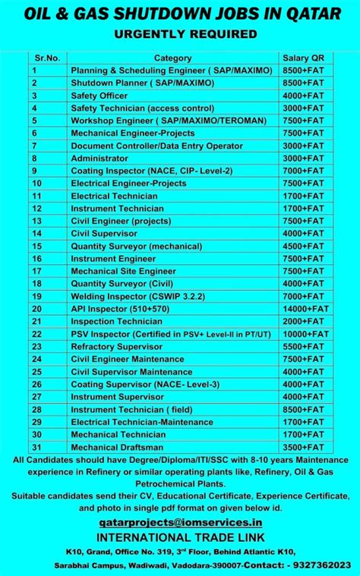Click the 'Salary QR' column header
point(303,58)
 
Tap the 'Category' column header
point(172,58)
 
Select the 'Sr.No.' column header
point(47,58)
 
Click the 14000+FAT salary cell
point(305,309)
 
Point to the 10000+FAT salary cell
point(305,333)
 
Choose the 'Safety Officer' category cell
point(99,96)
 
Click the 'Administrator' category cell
point(99,158)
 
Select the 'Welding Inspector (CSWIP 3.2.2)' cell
point(126,296)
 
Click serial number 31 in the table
point(36,447)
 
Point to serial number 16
point(36,259)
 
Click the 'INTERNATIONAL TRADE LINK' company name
point(180,537)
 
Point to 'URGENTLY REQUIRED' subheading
point(180,33)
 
